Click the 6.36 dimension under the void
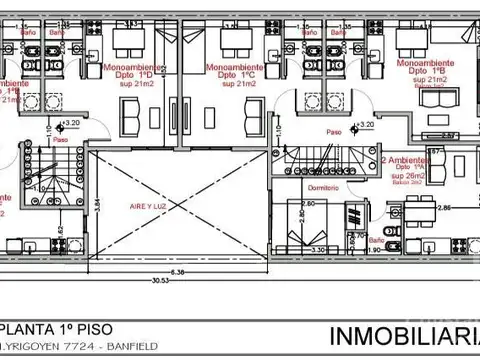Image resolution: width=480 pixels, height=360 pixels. tap(177, 271)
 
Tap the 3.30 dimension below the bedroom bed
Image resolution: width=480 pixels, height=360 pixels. tap(319, 250)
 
